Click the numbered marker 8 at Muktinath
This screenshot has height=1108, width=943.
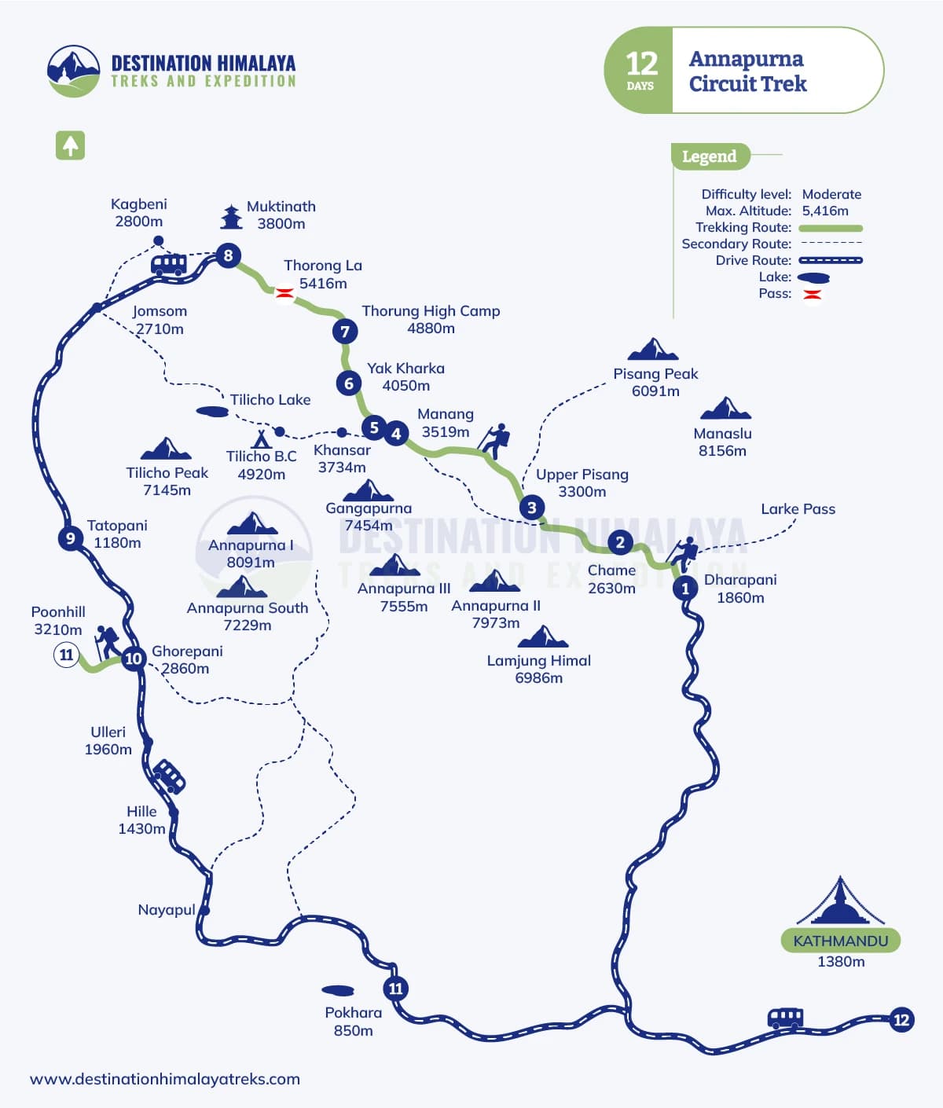pyautogui.click(x=228, y=255)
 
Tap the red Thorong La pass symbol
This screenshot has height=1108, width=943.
pyautogui.click(x=284, y=293)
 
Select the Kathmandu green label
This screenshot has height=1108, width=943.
pyautogui.click(x=840, y=941)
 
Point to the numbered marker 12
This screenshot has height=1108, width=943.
pyautogui.click(x=901, y=1020)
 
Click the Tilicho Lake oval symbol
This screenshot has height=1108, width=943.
pyautogui.click(x=211, y=411)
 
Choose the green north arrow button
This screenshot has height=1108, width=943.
pyautogui.click(x=70, y=145)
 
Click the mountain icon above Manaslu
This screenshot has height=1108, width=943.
pyautogui.click(x=725, y=409)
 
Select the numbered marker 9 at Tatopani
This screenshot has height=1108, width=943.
pyautogui.click(x=71, y=538)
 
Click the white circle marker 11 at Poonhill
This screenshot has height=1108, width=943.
pyautogui.click(x=66, y=655)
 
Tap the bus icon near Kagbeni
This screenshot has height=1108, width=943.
pyautogui.click(x=168, y=264)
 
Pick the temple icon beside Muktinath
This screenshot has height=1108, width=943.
pyautogui.click(x=231, y=216)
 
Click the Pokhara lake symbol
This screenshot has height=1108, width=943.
pyautogui.click(x=338, y=990)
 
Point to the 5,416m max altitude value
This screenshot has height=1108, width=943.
pyautogui.click(x=824, y=211)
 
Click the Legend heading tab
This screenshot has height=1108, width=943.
pyautogui.click(x=709, y=156)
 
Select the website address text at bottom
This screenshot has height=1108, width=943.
pyautogui.click(x=165, y=1079)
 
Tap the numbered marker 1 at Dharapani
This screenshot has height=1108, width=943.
pyautogui.click(x=685, y=588)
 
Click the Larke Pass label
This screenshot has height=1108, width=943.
pyautogui.click(x=798, y=509)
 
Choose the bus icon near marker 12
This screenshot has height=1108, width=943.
pyautogui.click(x=785, y=1019)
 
